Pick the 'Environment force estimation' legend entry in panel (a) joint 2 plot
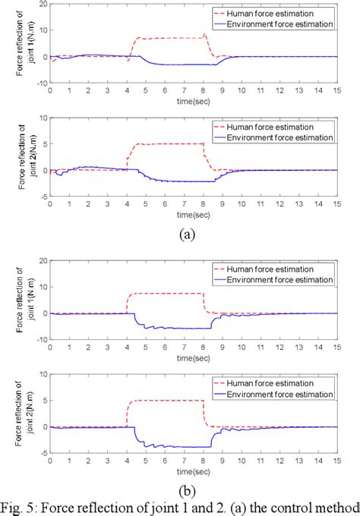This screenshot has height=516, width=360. [290, 137]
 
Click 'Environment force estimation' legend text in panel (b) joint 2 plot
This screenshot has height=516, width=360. [290, 394]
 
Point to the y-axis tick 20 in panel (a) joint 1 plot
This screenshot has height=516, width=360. [43, 5]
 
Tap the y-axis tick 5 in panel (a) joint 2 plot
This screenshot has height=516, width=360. [45, 144]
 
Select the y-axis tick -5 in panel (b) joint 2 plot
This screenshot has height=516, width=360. [43, 453]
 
